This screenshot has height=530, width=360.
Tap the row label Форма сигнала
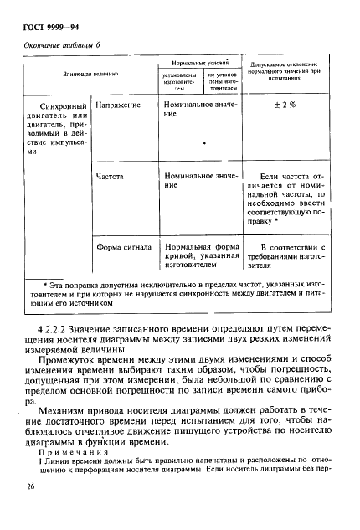pyautogui.click(x=123, y=248)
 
